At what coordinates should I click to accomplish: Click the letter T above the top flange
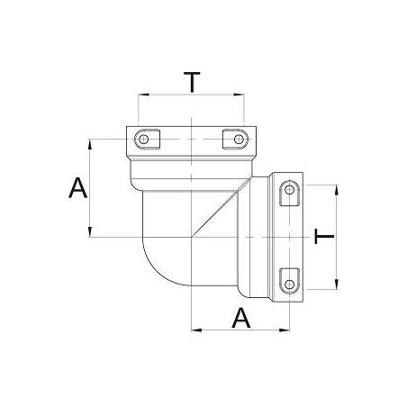191,82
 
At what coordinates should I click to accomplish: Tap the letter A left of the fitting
78,188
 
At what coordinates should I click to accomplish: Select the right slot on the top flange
234,139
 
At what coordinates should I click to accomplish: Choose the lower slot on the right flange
289,280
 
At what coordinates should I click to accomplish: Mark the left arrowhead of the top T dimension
140,95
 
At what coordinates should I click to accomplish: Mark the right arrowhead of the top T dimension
241,95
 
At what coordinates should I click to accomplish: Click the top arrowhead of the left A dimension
91,142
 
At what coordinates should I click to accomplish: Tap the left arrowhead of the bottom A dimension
195,331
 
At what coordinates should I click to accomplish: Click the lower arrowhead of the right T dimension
336,286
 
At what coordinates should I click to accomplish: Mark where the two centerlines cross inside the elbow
191,237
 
